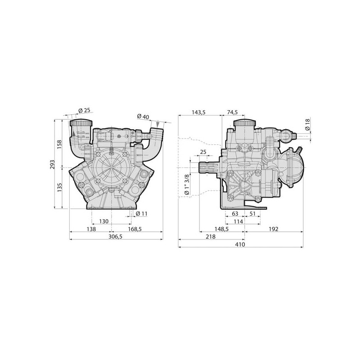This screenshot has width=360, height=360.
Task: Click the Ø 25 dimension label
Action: [84, 110]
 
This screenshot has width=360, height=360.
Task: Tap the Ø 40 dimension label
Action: [143, 117]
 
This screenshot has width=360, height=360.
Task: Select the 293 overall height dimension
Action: [53, 164]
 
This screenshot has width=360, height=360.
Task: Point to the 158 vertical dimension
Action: [59, 144]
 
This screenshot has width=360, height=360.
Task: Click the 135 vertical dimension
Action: [59, 187]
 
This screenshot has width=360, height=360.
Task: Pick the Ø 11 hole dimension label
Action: [141, 213]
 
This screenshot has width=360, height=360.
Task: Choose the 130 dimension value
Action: [104, 221]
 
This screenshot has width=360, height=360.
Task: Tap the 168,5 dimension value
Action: [135, 229]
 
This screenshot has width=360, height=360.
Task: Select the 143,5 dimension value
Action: [198, 112]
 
